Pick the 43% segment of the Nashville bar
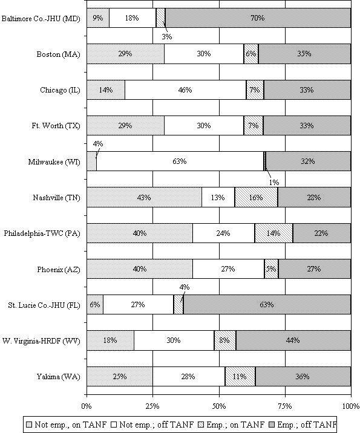click(x=144, y=197)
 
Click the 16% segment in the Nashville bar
click(x=256, y=197)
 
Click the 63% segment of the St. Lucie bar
click(x=267, y=305)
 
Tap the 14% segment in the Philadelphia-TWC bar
click(x=273, y=233)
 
